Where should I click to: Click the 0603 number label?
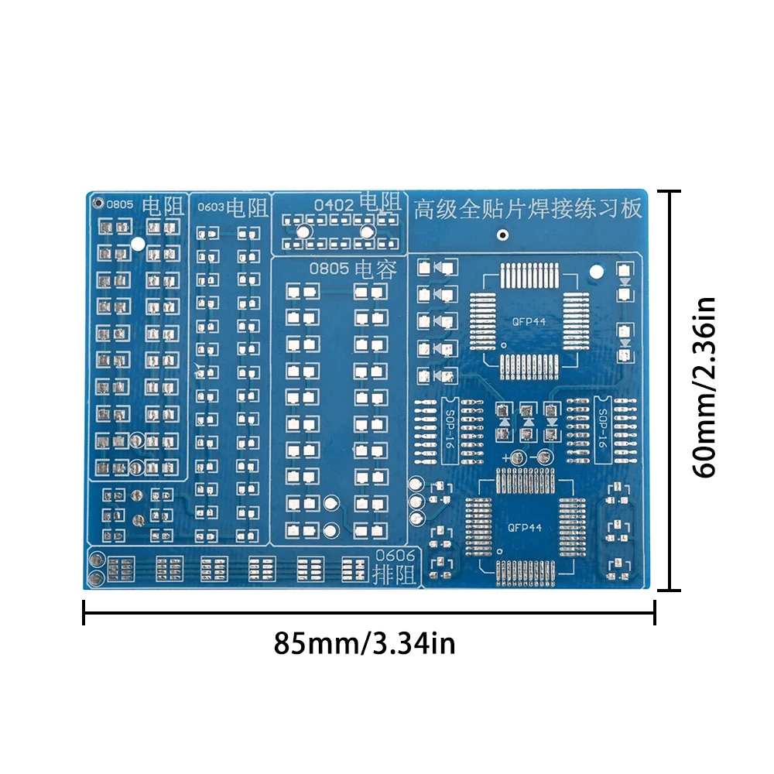(x=211, y=207)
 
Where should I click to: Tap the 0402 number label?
(x=334, y=205)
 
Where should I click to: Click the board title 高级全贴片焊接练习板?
(x=528, y=209)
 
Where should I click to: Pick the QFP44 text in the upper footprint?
(x=526, y=321)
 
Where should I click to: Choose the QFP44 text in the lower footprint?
(x=524, y=528)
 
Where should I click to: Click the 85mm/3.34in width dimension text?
(x=365, y=643)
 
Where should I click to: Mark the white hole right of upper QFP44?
(x=596, y=272)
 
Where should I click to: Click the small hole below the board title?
(x=503, y=235)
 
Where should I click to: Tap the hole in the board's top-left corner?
(x=98, y=204)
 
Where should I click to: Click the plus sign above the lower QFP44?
(x=506, y=459)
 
